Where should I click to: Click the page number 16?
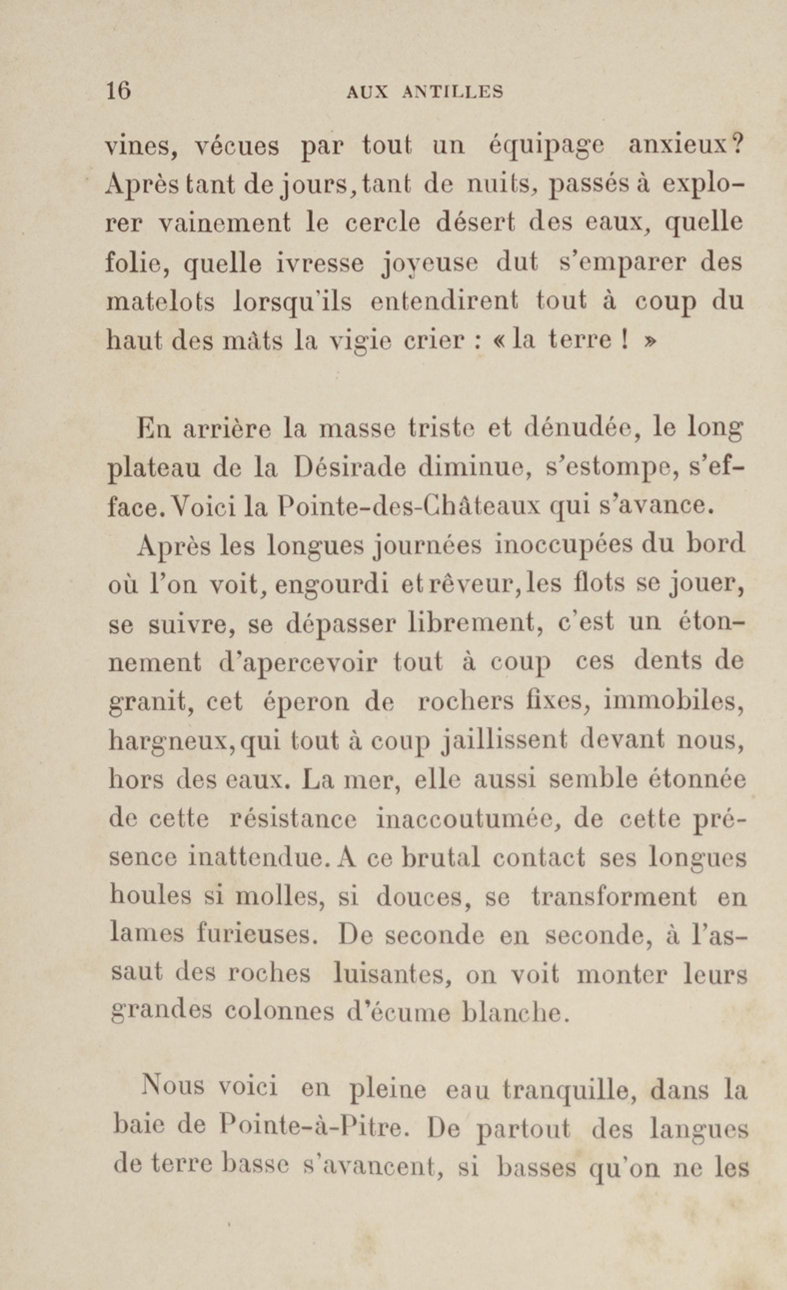(x=118, y=91)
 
